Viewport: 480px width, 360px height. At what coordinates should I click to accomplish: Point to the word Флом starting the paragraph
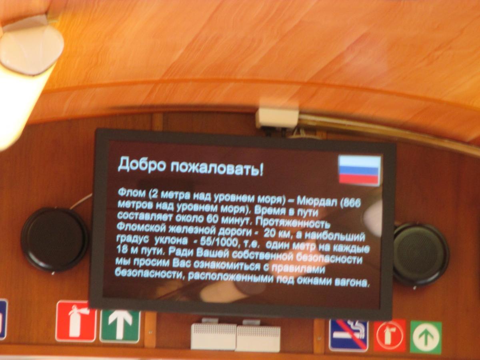click(132, 194)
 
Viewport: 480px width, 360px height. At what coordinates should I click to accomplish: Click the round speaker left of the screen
click(54, 240)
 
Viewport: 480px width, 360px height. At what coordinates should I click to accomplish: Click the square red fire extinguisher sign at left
click(76, 322)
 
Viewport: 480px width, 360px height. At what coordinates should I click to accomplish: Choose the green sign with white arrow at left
click(120, 326)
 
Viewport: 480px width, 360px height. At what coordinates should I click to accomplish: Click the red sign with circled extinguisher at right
click(390, 336)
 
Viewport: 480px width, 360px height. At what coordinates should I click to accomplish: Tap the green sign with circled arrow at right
click(426, 337)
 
